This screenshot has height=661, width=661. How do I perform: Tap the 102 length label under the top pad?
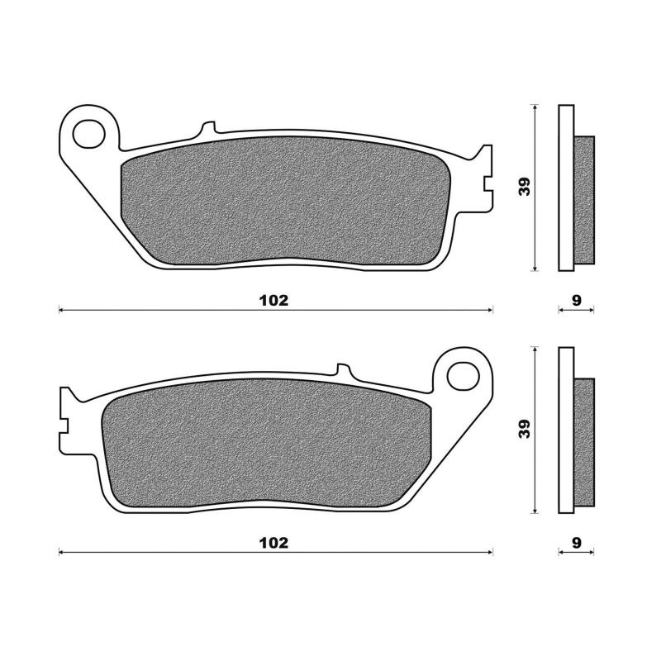(273, 300)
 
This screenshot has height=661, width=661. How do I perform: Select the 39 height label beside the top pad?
(524, 187)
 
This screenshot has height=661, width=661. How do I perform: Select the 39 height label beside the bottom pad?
(524, 429)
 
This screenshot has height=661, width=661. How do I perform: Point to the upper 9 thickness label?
(577, 300)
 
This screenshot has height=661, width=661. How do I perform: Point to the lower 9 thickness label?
(577, 542)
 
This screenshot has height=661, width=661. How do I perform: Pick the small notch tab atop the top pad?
(208, 129)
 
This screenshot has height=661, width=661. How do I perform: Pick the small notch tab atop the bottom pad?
(342, 370)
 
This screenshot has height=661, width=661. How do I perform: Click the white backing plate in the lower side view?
(565, 430)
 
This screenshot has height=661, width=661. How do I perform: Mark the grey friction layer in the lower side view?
(584, 442)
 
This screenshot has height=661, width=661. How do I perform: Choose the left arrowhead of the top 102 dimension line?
(61, 311)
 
